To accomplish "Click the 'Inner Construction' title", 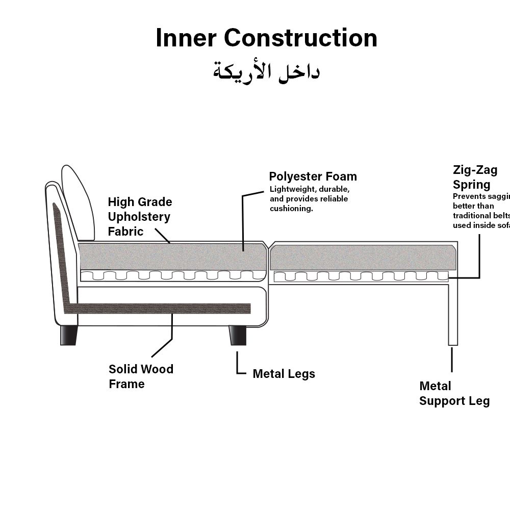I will (x=266, y=38).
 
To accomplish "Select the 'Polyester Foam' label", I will (x=313, y=176).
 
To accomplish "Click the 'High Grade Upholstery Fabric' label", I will (x=139, y=217).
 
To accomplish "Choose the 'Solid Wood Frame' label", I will (x=141, y=376).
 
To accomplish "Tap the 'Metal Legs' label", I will (x=284, y=374).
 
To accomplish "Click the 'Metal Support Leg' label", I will (x=454, y=393).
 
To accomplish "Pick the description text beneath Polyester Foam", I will (x=309, y=199).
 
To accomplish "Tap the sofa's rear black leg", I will (x=68, y=335).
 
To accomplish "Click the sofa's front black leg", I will (x=237, y=336).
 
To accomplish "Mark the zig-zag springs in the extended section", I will (x=361, y=276).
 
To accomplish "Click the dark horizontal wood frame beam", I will (x=163, y=309).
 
